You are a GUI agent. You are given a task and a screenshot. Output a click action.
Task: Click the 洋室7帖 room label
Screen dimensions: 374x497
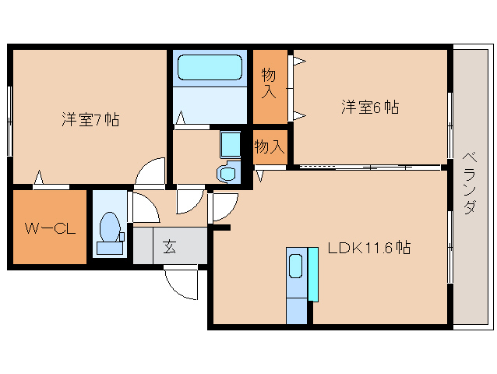tap(90, 120)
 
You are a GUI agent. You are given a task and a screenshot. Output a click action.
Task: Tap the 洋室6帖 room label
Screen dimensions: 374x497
tap(369, 108)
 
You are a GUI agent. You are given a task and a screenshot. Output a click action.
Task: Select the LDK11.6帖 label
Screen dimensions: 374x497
tap(369, 248)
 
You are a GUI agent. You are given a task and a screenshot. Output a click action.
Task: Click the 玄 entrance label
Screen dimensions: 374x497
tap(169, 248)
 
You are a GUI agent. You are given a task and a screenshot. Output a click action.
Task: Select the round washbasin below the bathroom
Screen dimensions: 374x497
tap(227, 174)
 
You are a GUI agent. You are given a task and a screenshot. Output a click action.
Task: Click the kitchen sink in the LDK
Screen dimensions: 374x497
tap(297, 266)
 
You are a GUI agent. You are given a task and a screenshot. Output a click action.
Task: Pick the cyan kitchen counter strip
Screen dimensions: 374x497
tap(313, 273)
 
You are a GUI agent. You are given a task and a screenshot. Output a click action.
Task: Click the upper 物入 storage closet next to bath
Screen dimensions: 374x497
tap(269, 84)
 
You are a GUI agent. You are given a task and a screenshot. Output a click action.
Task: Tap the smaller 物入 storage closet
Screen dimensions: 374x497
tap(270, 146)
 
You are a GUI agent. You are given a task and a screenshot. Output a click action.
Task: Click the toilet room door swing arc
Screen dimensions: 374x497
tap(143, 206)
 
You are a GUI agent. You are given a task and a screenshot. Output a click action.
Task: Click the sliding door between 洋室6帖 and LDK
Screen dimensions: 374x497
tap(366, 167)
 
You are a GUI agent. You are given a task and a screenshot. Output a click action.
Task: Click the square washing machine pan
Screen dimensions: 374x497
tap(230, 144)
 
